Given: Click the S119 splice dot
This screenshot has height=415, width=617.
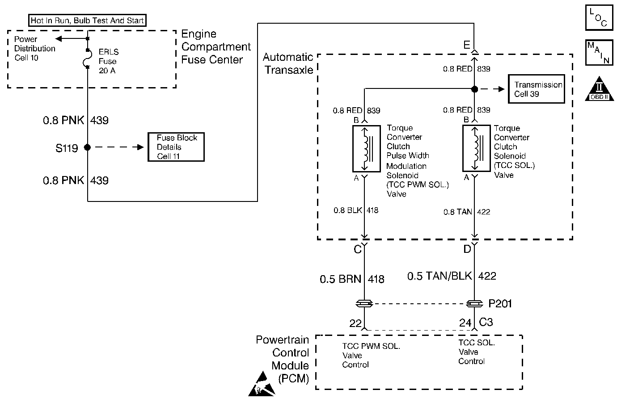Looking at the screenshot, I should pyautogui.click(x=88, y=147).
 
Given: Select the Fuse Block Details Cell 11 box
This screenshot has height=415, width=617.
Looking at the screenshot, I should pyautogui.click(x=176, y=147).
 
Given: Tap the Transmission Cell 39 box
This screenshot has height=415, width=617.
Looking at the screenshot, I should pyautogui.click(x=537, y=89).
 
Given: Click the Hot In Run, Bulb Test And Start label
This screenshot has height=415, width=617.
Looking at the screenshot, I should pyautogui.click(x=87, y=21).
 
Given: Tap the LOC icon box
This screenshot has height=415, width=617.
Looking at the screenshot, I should pyautogui.click(x=599, y=17).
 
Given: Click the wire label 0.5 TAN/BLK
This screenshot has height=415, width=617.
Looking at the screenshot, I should pyautogui.click(x=440, y=276).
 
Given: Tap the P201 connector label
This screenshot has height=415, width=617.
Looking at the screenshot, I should pyautogui.click(x=500, y=304).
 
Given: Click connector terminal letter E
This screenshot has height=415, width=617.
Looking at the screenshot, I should pyautogui.click(x=466, y=45).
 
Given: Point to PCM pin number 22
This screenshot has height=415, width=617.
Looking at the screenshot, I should pyautogui.click(x=355, y=323).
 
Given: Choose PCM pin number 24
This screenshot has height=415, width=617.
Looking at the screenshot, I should pyautogui.click(x=465, y=323).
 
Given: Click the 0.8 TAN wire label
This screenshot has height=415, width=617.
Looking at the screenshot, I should pyautogui.click(x=458, y=212).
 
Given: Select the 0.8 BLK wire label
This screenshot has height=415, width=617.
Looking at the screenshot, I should pyautogui.click(x=348, y=210).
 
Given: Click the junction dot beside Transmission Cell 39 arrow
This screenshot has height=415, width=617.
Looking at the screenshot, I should pyautogui.click(x=475, y=89).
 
